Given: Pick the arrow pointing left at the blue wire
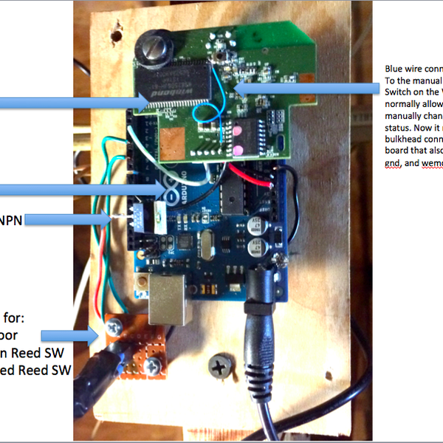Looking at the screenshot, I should [310, 89].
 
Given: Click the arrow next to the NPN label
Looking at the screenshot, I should [74, 219].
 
